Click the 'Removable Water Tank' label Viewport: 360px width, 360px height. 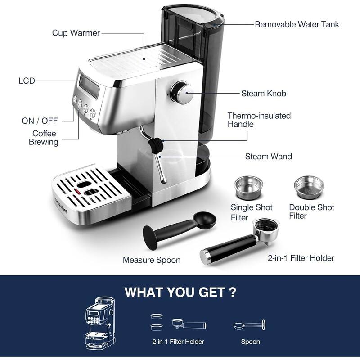(297, 24)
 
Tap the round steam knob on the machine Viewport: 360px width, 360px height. (181, 93)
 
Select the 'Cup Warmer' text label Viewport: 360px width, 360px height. (76, 33)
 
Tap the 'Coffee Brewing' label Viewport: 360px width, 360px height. (44, 138)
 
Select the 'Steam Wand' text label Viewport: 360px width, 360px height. (268, 157)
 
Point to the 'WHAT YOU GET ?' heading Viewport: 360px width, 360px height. (180, 292)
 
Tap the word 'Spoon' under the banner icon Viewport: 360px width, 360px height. (250, 342)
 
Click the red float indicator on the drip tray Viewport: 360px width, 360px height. (77, 193)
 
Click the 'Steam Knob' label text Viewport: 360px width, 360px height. (264, 94)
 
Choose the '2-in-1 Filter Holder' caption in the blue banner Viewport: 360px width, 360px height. (178, 342)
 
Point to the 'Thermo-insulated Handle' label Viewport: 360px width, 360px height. (259, 120)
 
